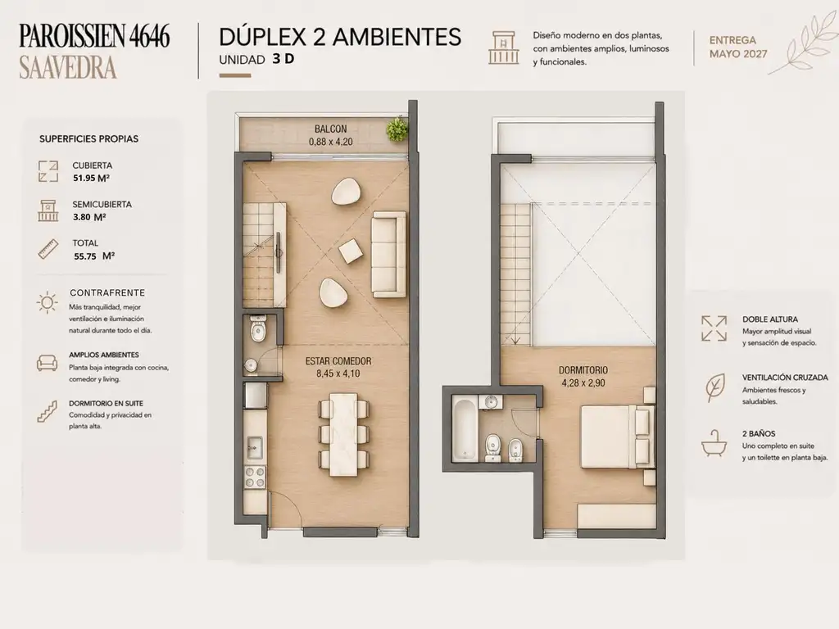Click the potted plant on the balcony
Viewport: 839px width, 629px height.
coord(397,129)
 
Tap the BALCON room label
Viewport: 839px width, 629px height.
coord(331,129)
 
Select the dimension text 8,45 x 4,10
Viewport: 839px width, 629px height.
coord(338,373)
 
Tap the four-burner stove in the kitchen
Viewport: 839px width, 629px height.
coord(255,477)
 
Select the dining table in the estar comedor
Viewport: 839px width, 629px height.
coord(344,434)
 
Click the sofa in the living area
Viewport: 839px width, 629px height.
coord(389,254)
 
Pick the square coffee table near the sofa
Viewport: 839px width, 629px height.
coord(351,251)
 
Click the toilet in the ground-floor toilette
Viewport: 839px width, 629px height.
coord(258,329)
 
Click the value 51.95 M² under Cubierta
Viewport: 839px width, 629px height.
coord(91,178)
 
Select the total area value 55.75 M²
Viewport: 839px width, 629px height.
coord(94,256)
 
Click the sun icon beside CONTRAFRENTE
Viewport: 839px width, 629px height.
coord(47,303)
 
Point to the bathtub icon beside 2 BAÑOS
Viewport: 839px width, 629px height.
coord(714,443)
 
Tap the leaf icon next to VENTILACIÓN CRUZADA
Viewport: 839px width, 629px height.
coord(714,387)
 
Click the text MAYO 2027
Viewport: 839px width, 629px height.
coord(738,54)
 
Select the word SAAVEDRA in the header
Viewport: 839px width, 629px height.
coord(68,68)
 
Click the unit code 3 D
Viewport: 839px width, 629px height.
coord(283,59)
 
